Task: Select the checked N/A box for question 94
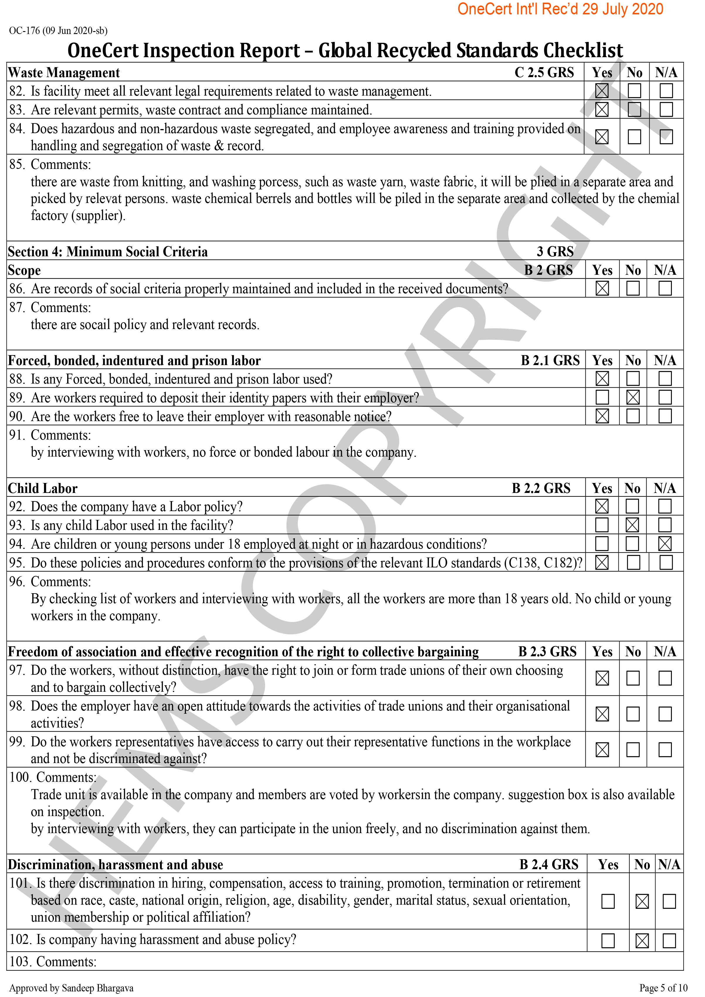click(665, 544)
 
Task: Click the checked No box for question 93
click(633, 525)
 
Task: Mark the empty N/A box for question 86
click(665, 288)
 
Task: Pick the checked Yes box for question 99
click(602, 750)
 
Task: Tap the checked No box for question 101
click(642, 901)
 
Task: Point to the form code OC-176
click(24, 30)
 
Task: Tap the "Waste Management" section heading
click(64, 72)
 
